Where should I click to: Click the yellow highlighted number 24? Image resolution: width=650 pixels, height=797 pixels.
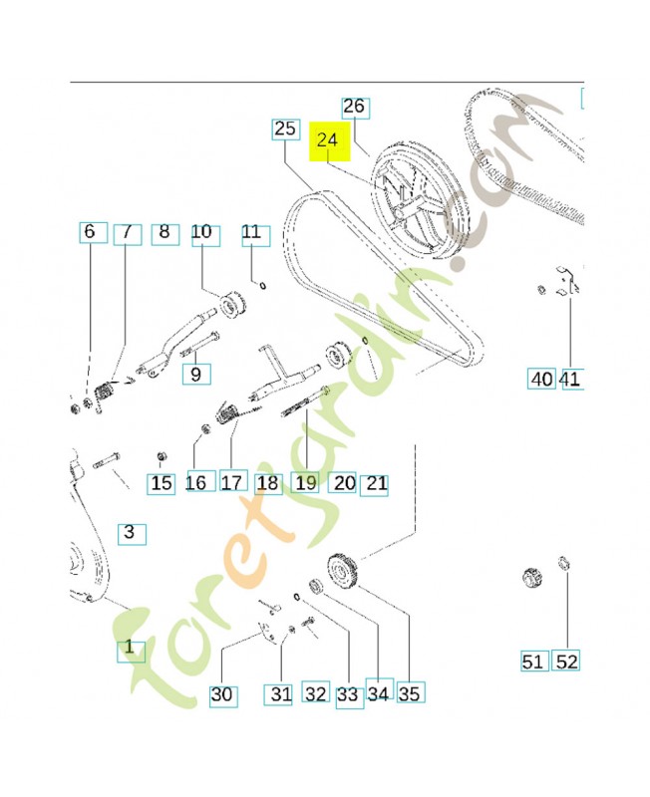330,141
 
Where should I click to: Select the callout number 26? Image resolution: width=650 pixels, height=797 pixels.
356,108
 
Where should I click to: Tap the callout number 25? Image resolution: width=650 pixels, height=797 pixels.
285,130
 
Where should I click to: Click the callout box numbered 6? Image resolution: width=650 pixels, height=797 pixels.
93,232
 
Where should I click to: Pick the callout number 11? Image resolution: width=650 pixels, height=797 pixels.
255,235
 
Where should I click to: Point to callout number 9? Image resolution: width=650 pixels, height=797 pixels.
196,375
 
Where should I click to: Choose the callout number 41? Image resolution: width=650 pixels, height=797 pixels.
572,379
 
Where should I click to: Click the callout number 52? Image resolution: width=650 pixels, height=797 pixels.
566,661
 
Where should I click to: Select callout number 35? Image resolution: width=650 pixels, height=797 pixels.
411,692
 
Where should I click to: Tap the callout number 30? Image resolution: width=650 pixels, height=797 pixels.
223,695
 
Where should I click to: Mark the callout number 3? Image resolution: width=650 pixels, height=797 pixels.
132,534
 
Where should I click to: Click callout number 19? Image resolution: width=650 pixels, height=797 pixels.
305,482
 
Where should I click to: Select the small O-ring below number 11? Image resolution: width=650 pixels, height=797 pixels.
263,286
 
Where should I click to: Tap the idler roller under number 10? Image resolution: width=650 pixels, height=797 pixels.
232,305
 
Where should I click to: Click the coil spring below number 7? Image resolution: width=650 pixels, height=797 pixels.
104,396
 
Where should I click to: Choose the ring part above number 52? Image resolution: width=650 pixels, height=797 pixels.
563,563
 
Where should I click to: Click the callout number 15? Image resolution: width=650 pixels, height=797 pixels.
162,483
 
